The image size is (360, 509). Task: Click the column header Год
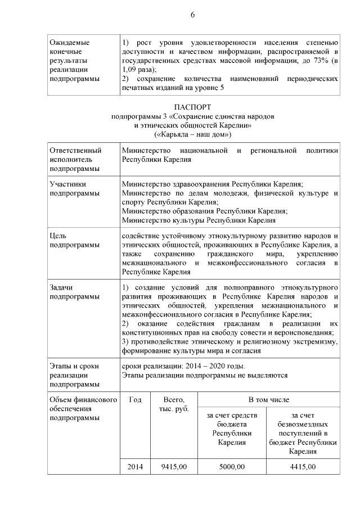coord(135,399)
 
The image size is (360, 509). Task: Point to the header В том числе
coord(268,399)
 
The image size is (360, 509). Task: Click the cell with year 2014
coord(135,467)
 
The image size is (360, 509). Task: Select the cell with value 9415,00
coord(173,467)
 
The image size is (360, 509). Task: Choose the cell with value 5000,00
coord(232,467)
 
